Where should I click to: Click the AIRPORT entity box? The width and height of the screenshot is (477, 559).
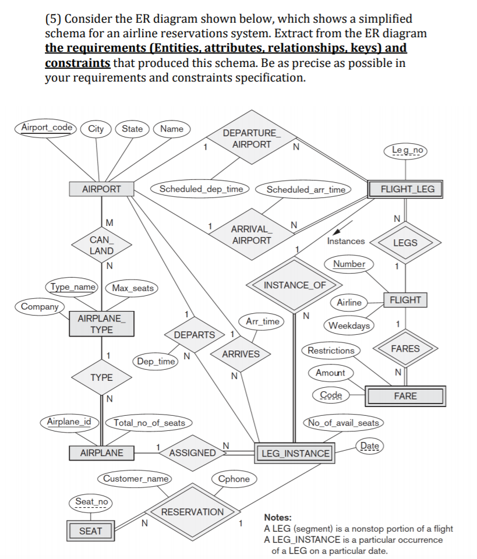coord(101,189)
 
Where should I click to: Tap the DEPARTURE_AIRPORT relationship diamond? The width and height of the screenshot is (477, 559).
coord(250,139)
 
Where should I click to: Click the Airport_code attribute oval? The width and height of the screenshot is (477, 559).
coord(48,128)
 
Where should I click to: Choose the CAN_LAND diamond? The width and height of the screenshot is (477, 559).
coord(101,245)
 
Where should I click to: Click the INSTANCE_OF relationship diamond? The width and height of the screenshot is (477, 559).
coord(295,285)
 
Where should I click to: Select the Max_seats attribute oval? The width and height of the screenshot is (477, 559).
coord(133,288)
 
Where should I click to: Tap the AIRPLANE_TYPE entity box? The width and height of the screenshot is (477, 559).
coord(101,324)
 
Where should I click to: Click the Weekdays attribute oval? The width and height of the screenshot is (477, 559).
coord(349,325)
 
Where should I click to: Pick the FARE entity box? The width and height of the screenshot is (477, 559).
coord(405,396)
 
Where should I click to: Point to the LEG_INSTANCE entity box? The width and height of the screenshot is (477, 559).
coord(295,453)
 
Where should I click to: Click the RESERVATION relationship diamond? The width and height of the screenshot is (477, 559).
coord(192,512)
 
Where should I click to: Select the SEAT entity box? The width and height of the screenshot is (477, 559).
coord(90,530)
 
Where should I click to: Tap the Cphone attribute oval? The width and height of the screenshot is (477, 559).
coord(234,479)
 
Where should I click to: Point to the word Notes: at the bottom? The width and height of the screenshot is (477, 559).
coord(278,517)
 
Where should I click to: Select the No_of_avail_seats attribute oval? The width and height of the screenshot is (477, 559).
coord(344,423)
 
